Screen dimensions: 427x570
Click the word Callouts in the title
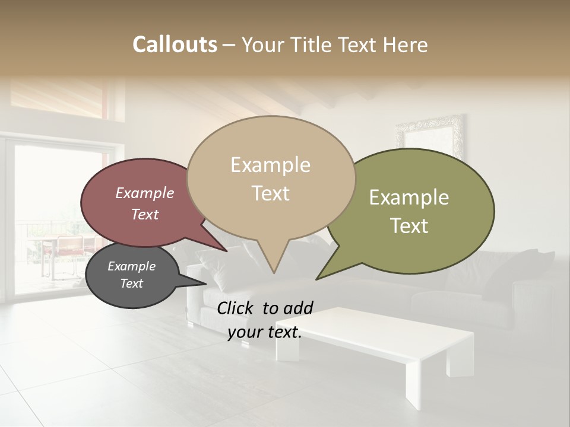(175, 44)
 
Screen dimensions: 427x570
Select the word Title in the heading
(313, 44)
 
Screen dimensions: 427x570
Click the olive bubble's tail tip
(317, 278)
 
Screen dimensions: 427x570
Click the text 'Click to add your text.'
(265, 320)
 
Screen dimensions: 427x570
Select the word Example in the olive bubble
(409, 197)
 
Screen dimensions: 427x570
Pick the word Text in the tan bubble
(271, 193)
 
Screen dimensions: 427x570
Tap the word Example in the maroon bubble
(145, 193)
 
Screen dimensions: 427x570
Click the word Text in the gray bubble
(132, 283)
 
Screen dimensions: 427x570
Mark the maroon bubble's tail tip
(226, 251)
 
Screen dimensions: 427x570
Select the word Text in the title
(360, 44)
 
